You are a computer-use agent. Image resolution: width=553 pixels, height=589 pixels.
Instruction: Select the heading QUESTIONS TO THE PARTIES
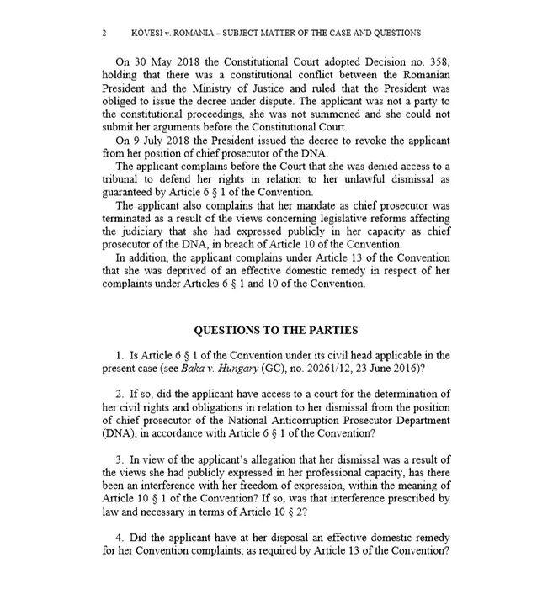click(x=276, y=330)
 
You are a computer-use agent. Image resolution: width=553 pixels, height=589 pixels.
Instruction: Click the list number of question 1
click(x=120, y=355)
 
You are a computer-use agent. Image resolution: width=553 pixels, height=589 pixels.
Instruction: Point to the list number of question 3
click(x=120, y=459)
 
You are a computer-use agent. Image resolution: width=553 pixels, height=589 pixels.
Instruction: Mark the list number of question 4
click(x=120, y=537)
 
